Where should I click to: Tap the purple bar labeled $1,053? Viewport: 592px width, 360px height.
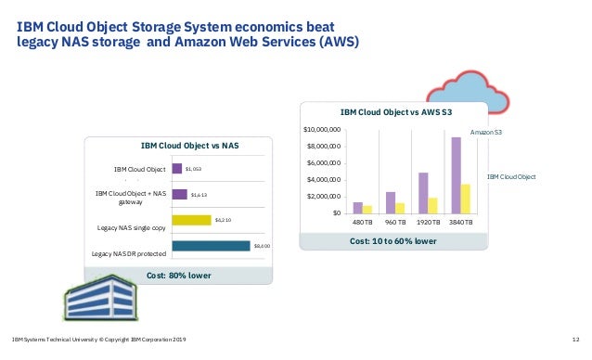click(179, 169)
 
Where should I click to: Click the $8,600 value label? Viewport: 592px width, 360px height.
click(263, 246)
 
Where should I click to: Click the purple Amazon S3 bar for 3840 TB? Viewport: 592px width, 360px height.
click(457, 175)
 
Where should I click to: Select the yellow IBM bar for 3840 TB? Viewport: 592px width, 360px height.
click(466, 199)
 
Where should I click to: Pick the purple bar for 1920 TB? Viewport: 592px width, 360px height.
click(423, 193)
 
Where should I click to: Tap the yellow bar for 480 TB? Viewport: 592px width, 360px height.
click(367, 209)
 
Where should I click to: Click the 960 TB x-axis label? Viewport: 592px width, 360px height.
click(396, 224)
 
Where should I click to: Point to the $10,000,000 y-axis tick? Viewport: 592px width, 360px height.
click(322, 128)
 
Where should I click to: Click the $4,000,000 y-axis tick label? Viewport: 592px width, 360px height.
click(324, 179)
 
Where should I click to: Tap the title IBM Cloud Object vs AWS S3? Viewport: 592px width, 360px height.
click(396, 111)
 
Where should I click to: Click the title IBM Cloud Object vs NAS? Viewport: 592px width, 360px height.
click(176, 146)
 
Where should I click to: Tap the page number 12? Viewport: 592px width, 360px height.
click(575, 341)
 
